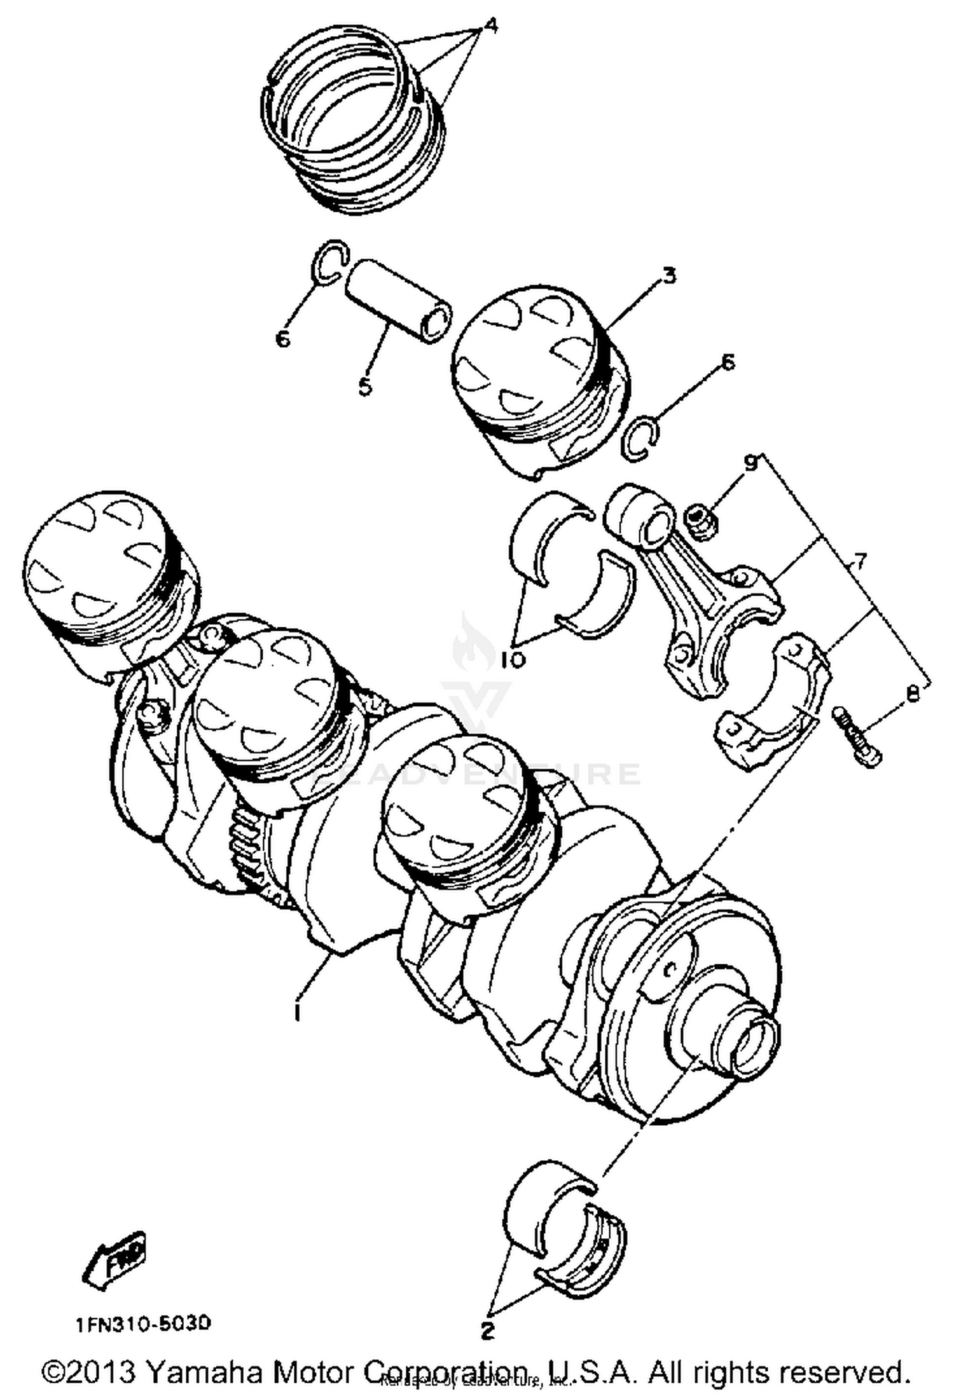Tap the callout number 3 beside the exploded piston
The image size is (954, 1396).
click(x=668, y=277)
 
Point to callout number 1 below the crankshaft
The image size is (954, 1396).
click(x=297, y=1011)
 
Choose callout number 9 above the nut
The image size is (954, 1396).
click(x=751, y=463)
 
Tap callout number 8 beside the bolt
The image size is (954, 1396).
click(x=913, y=694)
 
